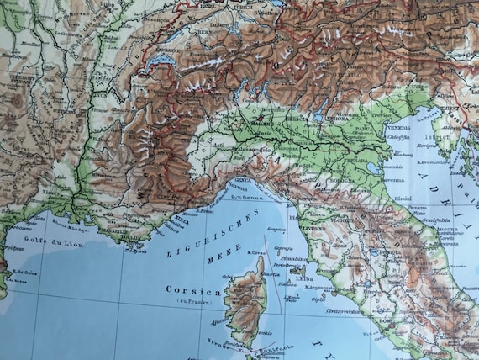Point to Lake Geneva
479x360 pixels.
(x=160, y=61)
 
